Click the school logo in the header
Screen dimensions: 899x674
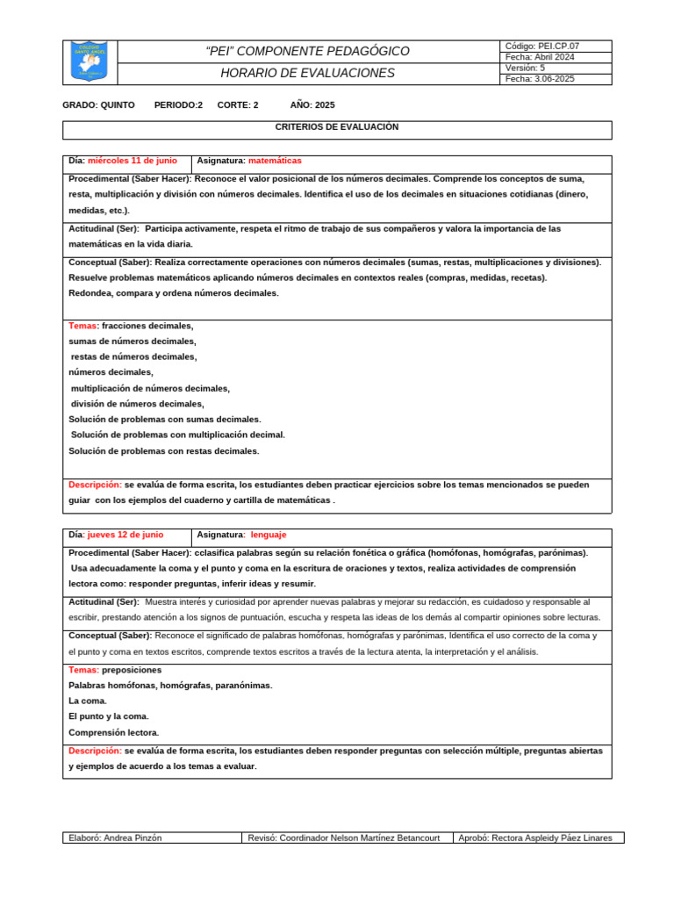point(89,61)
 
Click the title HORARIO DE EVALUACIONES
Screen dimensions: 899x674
point(308,74)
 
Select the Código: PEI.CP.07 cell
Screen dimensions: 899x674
point(542,46)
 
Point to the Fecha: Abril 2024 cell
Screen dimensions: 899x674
point(541,56)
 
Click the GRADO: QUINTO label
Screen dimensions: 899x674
point(98,104)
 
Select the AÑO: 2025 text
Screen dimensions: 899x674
point(312,104)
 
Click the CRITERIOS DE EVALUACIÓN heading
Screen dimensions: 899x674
point(337,127)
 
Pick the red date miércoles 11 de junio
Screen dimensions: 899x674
point(132,161)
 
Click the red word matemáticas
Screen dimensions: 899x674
point(275,161)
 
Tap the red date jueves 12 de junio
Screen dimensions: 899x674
point(125,534)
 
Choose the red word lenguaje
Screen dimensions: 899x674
point(268,534)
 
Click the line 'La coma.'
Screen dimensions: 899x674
point(88,701)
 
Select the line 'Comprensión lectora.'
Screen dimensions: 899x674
point(114,732)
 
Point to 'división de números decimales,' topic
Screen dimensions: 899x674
point(137,404)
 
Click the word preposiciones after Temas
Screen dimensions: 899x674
point(131,669)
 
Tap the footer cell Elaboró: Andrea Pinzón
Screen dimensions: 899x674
point(115,838)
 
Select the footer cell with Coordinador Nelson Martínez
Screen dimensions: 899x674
point(346,838)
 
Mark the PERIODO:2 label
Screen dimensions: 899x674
point(178,104)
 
